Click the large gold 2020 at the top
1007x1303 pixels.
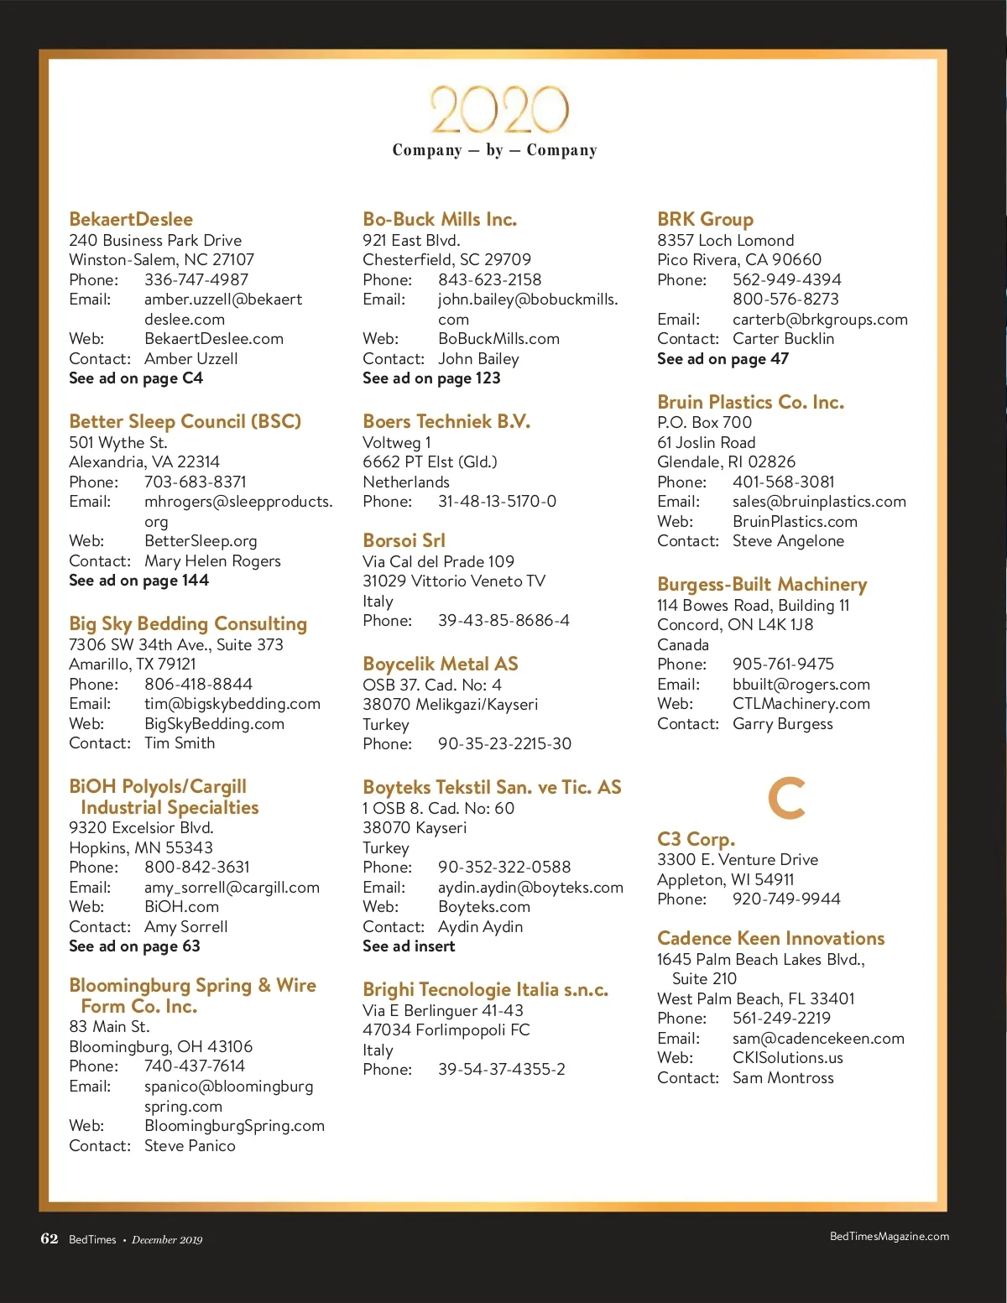(x=500, y=110)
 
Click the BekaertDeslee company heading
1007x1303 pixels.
(x=131, y=219)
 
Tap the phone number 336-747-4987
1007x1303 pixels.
(x=196, y=279)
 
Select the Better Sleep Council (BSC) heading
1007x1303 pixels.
(x=185, y=421)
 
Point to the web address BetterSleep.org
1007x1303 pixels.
(x=201, y=541)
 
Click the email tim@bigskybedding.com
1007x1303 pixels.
(x=232, y=704)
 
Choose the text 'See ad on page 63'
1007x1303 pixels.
(x=134, y=946)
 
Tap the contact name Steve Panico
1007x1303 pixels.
(x=190, y=1146)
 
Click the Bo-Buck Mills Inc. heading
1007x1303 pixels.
(x=440, y=219)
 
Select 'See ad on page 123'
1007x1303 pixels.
(x=431, y=378)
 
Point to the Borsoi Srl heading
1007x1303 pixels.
(x=404, y=540)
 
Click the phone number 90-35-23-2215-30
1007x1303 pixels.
(x=504, y=744)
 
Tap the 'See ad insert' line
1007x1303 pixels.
(x=409, y=946)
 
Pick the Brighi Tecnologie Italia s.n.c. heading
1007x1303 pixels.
(x=485, y=989)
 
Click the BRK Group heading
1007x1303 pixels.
(x=705, y=219)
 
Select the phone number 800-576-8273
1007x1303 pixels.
(x=785, y=300)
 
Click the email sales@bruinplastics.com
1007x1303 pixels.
(x=819, y=502)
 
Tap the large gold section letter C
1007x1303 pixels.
(x=786, y=799)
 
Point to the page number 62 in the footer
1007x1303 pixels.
(x=50, y=1239)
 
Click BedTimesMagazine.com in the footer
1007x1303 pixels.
(x=889, y=1237)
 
